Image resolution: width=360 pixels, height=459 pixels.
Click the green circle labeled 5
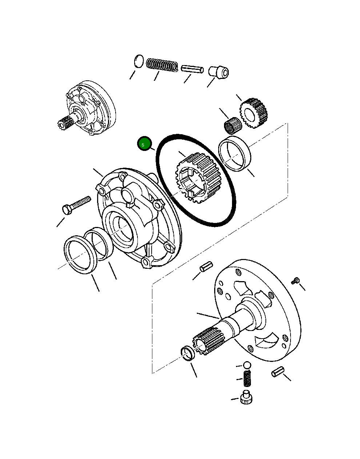(x=144, y=144)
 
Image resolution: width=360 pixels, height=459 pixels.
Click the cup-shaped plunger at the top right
(x=219, y=71)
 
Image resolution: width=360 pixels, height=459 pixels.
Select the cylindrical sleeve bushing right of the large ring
(x=235, y=153)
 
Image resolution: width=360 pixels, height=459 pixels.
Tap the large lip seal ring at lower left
(x=80, y=254)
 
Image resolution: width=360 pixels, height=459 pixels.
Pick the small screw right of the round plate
(x=296, y=280)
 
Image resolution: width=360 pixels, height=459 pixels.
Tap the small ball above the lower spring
(x=247, y=365)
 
